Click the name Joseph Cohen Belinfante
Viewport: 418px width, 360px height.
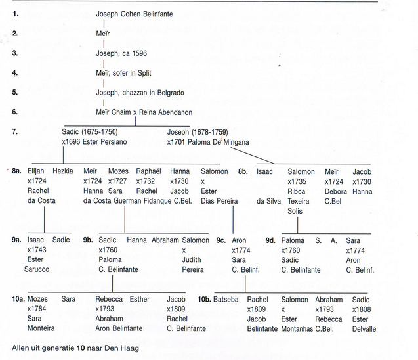[x=135, y=14]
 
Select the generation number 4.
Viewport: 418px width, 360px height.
[x=15, y=72]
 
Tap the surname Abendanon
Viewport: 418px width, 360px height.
[x=175, y=112]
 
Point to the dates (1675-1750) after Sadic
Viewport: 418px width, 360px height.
[x=100, y=132]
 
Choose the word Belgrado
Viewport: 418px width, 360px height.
[x=171, y=93]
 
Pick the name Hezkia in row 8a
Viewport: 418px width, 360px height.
[x=62, y=171]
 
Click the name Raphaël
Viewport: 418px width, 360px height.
[x=148, y=171]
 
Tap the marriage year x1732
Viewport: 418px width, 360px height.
[x=145, y=181]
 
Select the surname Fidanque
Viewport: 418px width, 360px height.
[x=157, y=201]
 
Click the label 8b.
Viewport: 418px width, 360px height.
[x=243, y=171]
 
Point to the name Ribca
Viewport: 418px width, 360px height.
[x=296, y=191]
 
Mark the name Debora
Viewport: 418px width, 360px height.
[x=335, y=191]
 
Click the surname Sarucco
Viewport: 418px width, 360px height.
[x=37, y=269]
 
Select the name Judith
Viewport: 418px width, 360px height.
[x=192, y=259]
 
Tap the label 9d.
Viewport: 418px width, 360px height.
[x=270, y=240]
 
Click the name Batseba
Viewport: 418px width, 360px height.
[x=226, y=300]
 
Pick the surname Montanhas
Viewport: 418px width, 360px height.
[x=297, y=329]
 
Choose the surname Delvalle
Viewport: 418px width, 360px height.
[x=364, y=329]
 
